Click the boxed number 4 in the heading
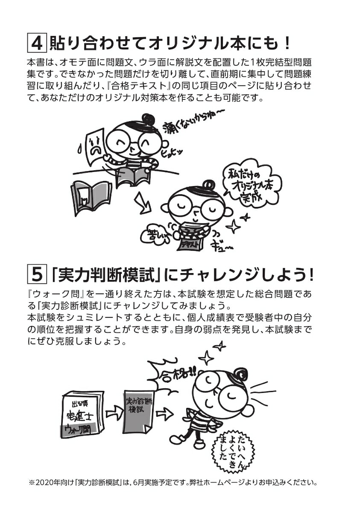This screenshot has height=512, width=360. coord(37,43)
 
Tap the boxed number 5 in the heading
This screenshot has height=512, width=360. coord(37,274)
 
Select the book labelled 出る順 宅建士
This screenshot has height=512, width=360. coord(81,413)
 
